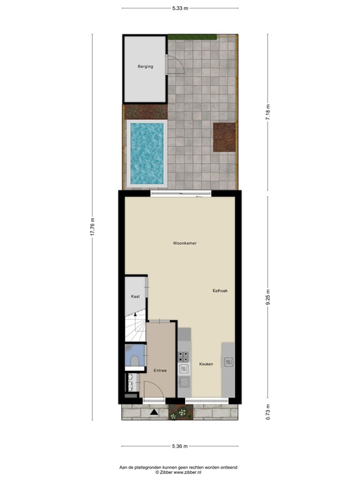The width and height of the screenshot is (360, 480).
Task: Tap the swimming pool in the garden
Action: (x=147, y=152)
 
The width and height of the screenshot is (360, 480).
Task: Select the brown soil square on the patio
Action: (x=224, y=137)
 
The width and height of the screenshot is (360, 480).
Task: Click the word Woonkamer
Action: (x=185, y=242)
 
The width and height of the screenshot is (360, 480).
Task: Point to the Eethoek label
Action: (x=221, y=291)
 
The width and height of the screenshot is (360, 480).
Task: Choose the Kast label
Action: (x=135, y=296)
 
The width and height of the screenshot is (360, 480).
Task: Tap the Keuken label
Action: (x=206, y=364)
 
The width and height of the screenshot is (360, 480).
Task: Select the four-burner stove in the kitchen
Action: (x=184, y=357)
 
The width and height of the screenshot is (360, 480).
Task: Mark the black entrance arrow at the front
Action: (x=154, y=412)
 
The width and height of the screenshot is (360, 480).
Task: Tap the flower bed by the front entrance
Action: (x=181, y=412)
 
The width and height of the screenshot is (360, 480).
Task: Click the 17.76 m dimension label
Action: (x=92, y=226)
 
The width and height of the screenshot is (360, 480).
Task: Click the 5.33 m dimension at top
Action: (x=180, y=9)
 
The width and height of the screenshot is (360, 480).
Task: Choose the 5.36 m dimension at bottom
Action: (x=180, y=446)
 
